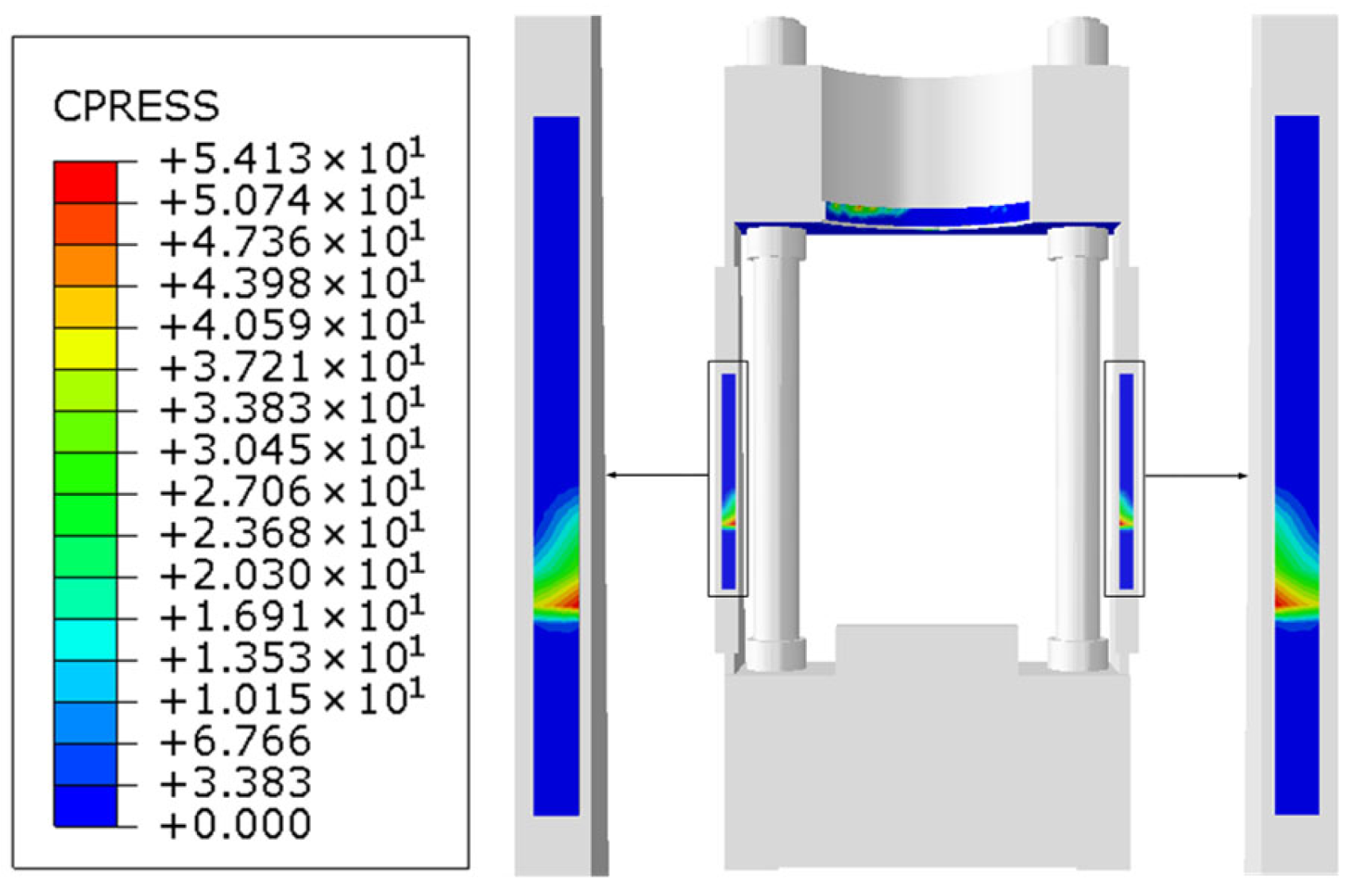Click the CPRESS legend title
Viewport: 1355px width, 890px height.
136,106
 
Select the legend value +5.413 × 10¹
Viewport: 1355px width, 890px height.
292,157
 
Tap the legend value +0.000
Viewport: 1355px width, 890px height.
236,824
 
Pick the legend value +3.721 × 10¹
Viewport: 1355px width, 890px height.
292,366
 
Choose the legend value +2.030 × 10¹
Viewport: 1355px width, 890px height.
292,574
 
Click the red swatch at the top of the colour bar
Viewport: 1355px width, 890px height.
85,182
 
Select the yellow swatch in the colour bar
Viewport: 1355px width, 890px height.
85,349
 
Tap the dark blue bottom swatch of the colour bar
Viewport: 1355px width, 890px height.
85,806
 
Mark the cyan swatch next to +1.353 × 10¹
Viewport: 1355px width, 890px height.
85,640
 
